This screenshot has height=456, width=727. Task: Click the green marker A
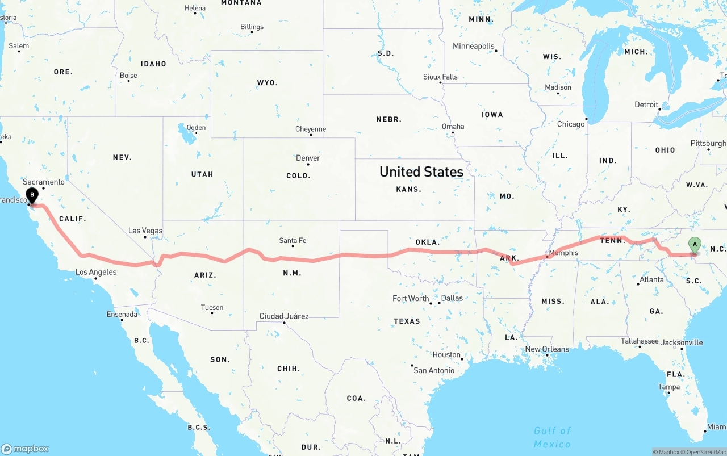coord(694,245)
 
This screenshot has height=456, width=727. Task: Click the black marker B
coord(32,195)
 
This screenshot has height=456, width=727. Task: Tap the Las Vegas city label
coord(145,231)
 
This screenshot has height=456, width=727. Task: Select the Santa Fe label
coord(293,241)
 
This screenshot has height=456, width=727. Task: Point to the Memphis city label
coord(563,253)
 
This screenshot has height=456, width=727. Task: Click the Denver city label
coord(308,158)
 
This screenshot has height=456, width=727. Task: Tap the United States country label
coord(421,171)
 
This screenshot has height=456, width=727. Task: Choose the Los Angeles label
coord(96,272)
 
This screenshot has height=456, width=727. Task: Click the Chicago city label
coord(571,124)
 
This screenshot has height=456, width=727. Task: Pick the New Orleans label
coord(546,349)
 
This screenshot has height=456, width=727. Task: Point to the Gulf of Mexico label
coord(552,437)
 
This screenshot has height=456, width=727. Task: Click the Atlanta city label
coord(651,279)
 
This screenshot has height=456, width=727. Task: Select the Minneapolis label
coord(473,46)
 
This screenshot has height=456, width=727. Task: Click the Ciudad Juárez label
coord(284,316)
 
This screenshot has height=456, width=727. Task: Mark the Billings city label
coord(252,27)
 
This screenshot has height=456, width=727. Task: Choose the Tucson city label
coord(212,308)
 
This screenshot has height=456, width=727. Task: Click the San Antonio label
coord(434,370)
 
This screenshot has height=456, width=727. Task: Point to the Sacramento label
coord(44,182)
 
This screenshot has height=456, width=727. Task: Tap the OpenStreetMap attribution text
coord(705,452)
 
